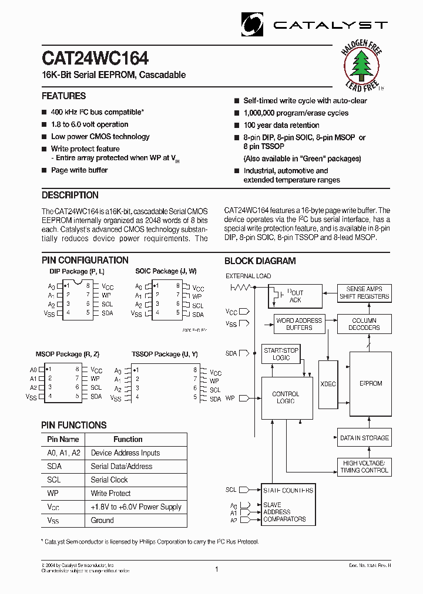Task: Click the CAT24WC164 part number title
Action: [95, 59]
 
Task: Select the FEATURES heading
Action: [63, 96]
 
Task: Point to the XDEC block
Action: [328, 384]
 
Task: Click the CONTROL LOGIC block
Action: [286, 397]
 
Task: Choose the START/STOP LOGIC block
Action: [281, 354]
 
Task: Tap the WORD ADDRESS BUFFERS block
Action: [299, 324]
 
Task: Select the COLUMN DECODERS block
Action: [364, 324]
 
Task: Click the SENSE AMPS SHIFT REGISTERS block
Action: [364, 293]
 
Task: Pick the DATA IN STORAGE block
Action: [364, 438]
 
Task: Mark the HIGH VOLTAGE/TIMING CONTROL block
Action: [364, 467]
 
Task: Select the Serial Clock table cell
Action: [109, 480]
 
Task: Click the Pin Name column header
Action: [63, 439]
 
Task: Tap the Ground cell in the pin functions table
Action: [102, 521]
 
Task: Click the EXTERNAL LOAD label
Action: [249, 276]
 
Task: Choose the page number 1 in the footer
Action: [217, 569]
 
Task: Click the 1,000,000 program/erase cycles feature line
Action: [296, 113]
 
